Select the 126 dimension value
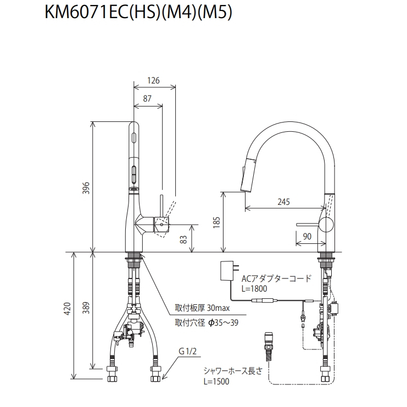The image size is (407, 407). [x=153, y=81]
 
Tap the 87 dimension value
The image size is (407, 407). [x=147, y=99]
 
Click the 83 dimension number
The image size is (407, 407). [x=184, y=238]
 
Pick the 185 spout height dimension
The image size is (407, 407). [x=216, y=221]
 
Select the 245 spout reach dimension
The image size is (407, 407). [x=283, y=202]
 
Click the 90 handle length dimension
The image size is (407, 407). [x=306, y=236]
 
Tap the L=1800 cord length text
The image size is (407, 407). [x=254, y=288]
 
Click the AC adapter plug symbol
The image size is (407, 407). [x=227, y=271]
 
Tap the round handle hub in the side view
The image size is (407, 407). [x=326, y=225]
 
